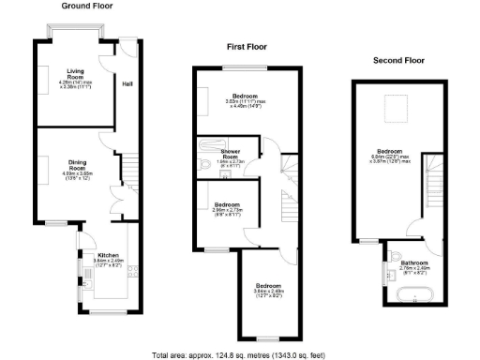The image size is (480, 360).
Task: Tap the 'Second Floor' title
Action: tap(398, 60)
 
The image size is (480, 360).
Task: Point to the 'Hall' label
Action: tap(126, 83)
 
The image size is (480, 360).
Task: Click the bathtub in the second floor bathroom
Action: tap(414, 297)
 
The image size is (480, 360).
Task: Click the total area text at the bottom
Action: tap(240, 354)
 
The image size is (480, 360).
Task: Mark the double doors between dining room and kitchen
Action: tap(118, 201)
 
